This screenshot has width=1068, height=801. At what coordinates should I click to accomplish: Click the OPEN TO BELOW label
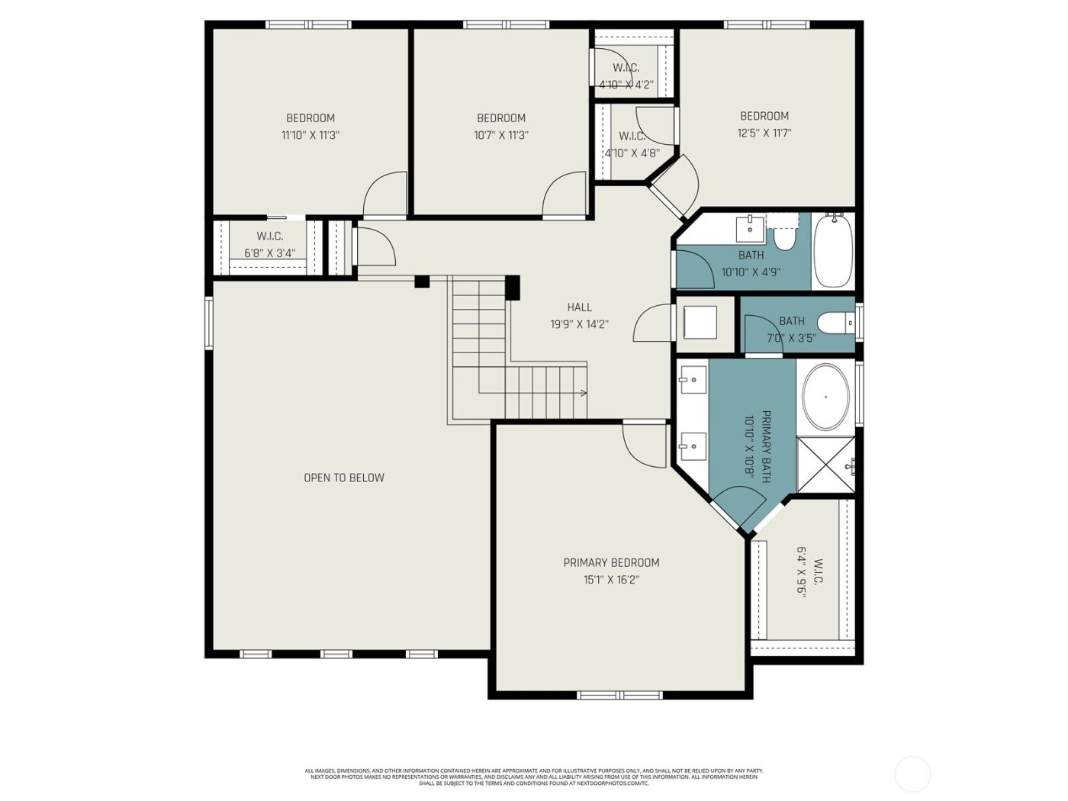pyautogui.click(x=344, y=478)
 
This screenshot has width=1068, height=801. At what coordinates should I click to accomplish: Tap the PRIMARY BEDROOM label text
pyautogui.click(x=611, y=562)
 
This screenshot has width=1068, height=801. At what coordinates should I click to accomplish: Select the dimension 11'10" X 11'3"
pyautogui.click(x=310, y=135)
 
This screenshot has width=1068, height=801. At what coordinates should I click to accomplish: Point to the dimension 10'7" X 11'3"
pyautogui.click(x=501, y=135)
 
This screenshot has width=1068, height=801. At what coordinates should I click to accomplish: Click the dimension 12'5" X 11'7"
pyautogui.click(x=764, y=133)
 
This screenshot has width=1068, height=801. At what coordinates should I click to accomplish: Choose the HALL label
pyautogui.click(x=579, y=307)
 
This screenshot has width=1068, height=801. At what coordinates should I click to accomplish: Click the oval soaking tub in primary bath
pyautogui.click(x=825, y=397)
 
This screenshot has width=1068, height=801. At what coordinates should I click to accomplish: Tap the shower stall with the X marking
pyautogui.click(x=825, y=465)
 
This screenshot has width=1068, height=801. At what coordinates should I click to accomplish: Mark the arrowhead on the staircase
pyautogui.click(x=584, y=394)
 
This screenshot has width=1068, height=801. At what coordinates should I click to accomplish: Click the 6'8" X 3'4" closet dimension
pyautogui.click(x=269, y=253)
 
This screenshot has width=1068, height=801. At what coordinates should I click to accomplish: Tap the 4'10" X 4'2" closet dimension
pyautogui.click(x=626, y=85)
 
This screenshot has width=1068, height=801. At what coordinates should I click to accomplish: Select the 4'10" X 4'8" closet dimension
pyautogui.click(x=632, y=153)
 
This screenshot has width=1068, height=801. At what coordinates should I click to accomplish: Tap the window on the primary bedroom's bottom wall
pyautogui.click(x=619, y=695)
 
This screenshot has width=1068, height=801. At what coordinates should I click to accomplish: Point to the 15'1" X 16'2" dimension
pyautogui.click(x=611, y=580)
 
